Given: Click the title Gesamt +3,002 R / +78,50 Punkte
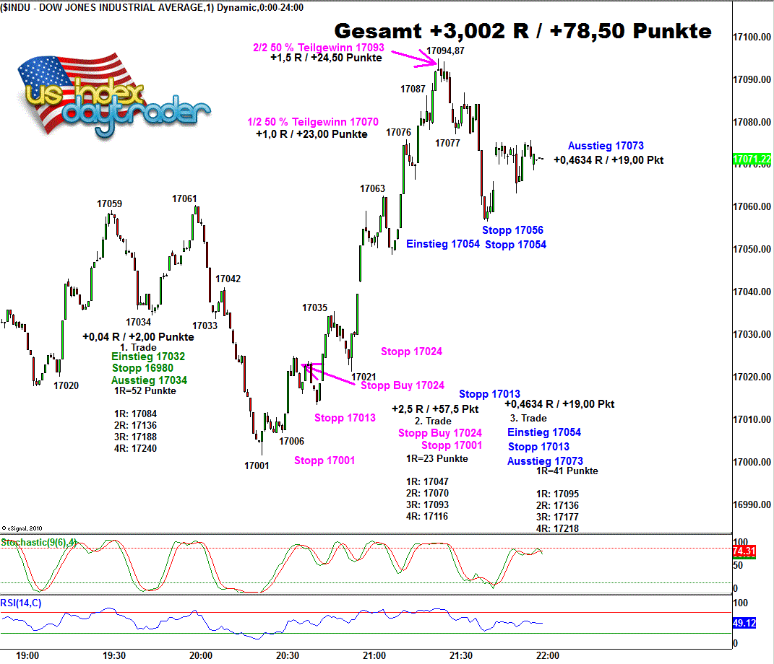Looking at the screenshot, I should coord(523,32).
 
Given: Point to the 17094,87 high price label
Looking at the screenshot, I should coord(445,51).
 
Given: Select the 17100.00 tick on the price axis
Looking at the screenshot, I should coord(752,37).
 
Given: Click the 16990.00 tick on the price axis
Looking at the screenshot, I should coord(752,504).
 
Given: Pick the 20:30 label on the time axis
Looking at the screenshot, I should coord(288,656).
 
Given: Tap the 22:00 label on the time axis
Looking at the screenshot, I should coord(547,656).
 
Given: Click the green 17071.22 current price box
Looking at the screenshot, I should coord(752,158).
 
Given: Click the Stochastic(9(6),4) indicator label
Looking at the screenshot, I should coord(38,542).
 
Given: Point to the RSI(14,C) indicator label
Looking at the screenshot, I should coord(21,602).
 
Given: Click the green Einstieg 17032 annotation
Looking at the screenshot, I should coord(148,357).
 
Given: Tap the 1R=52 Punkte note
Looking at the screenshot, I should coord(145,391).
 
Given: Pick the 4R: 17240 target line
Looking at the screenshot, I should coord(135,448).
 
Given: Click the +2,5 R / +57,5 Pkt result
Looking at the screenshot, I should coord(435,409).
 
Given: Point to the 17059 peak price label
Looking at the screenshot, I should coord(110,204).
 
